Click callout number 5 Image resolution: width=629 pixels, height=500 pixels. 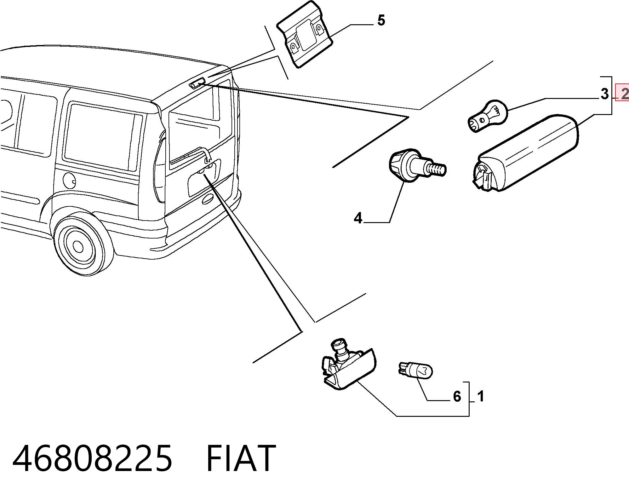[381, 20]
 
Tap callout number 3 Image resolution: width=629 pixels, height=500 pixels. [604, 94]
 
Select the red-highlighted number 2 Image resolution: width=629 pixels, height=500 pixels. [624, 93]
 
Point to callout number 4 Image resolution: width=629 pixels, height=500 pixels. [358, 218]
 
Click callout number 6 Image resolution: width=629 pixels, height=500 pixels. [457, 396]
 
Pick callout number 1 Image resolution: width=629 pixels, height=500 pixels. [480, 396]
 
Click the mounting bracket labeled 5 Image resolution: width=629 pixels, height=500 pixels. [304, 34]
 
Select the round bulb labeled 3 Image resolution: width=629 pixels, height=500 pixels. [488, 116]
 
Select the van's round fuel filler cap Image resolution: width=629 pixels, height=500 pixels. [69, 181]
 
